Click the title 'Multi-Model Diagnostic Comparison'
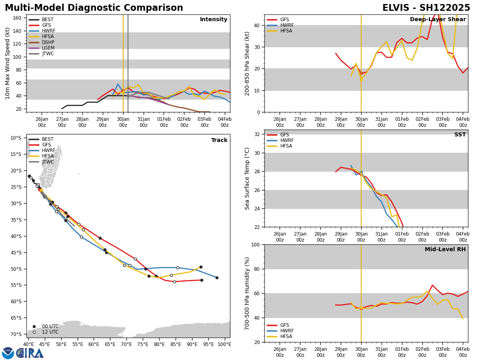click(94, 8)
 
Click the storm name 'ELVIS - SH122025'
click(426, 8)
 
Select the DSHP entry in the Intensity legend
click(48, 42)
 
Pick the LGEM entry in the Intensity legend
click(48, 48)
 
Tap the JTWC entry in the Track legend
click(48, 162)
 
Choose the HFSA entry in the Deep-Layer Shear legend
click(286, 31)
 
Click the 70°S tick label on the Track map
click(16, 334)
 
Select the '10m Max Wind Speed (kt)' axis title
click(8, 63)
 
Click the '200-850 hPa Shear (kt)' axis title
click(247, 63)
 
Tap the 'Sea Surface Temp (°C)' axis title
click(247, 178)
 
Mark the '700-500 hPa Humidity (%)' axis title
click(247, 293)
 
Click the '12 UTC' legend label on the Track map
click(50, 332)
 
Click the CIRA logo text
click(30, 353)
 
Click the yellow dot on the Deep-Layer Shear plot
click(361, 79)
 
